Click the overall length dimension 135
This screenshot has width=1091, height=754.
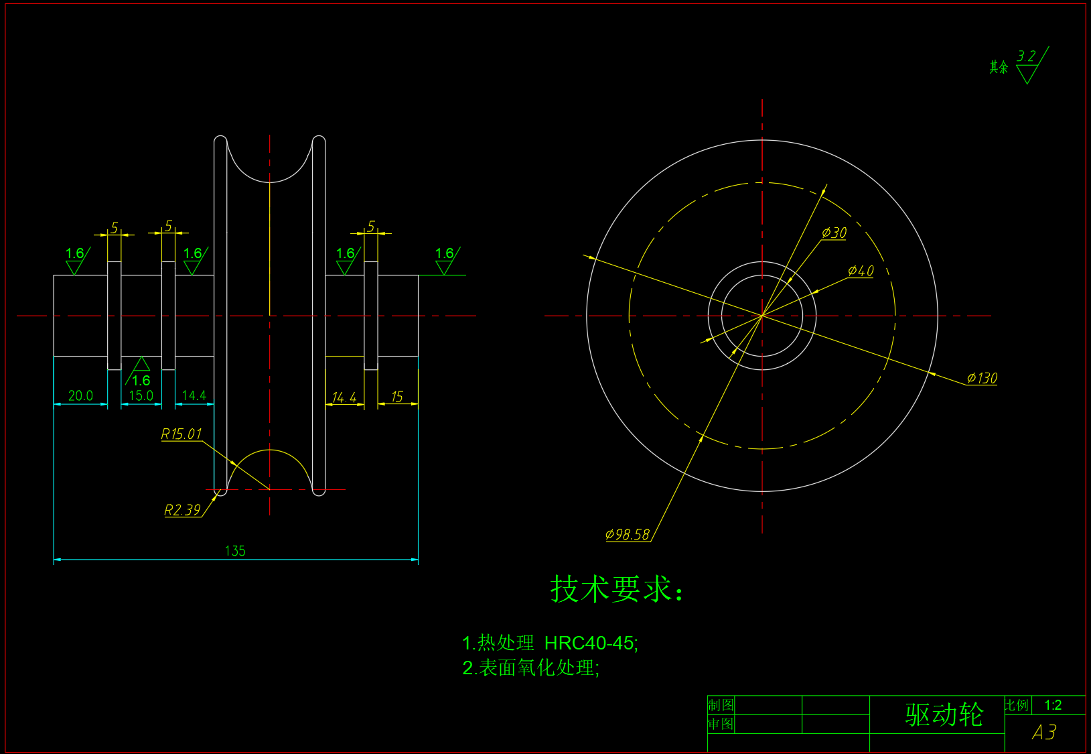pos(235,551)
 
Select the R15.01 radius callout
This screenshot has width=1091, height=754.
pos(181,434)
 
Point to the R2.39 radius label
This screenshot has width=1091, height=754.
pos(182,510)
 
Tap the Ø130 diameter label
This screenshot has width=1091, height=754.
pos(982,378)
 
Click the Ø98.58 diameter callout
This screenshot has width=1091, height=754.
pos(628,534)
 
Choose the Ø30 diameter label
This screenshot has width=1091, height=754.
pos(834,233)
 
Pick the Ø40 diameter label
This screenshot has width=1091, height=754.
pos(861,271)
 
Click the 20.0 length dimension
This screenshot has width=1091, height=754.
pos(80,395)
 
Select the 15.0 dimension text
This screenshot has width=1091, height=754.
pos(141,395)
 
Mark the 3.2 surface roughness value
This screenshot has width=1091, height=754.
pos(1026,56)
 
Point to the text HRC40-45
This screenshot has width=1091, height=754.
pos(589,643)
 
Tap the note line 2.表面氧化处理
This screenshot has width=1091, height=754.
pos(531,668)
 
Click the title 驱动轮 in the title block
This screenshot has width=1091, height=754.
pos(944,714)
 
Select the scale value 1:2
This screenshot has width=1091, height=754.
pos(1053,705)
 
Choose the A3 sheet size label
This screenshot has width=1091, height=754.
pos(1044,733)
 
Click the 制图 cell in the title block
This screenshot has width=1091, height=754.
pos(721,705)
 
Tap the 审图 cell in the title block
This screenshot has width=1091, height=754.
pos(721,724)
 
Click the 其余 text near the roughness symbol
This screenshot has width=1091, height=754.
pos(999,67)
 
